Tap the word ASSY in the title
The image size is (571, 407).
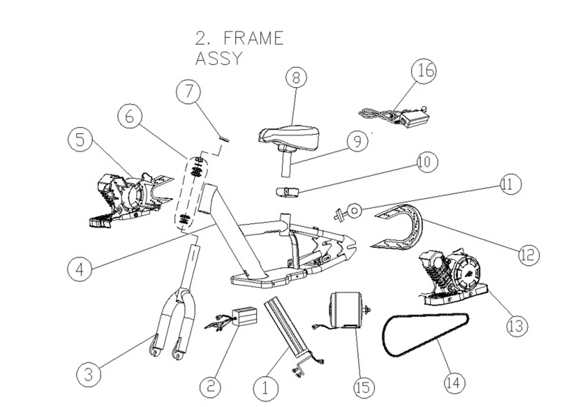pyautogui.click(x=219, y=59)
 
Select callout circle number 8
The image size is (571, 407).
pyautogui.click(x=296, y=78)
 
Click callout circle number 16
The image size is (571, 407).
pyautogui.click(x=423, y=71)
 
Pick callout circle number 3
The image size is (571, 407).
pyautogui.click(x=89, y=374)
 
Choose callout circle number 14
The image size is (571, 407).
pyautogui.click(x=454, y=382)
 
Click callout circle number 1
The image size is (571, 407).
pyautogui.click(x=266, y=388)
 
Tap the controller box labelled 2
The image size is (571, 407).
pyautogui.click(x=244, y=316)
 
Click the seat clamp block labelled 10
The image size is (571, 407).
pyautogui.click(x=287, y=192)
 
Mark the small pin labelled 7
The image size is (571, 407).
pyautogui.click(x=224, y=139)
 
